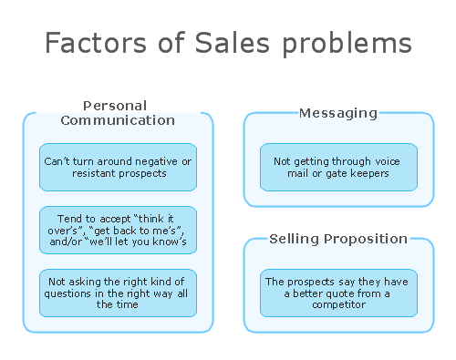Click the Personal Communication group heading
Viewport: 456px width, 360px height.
[118, 113]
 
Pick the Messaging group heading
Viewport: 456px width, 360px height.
[338, 113]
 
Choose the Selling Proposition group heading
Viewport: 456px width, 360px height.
[338, 239]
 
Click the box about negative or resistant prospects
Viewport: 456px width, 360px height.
[118, 167]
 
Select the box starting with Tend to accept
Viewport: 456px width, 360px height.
[118, 230]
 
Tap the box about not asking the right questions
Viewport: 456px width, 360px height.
[118, 293]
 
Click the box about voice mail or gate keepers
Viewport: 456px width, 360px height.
[338, 167]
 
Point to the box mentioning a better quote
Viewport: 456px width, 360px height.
[338, 293]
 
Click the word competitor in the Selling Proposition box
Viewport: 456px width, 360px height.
[338, 304]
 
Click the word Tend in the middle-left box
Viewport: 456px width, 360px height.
[66, 218]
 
